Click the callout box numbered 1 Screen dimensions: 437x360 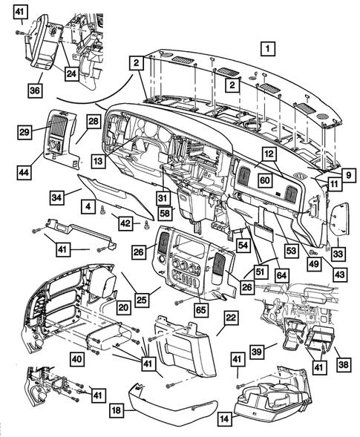(266, 49)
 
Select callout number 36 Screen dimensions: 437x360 (36, 90)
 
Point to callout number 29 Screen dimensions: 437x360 (24, 131)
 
